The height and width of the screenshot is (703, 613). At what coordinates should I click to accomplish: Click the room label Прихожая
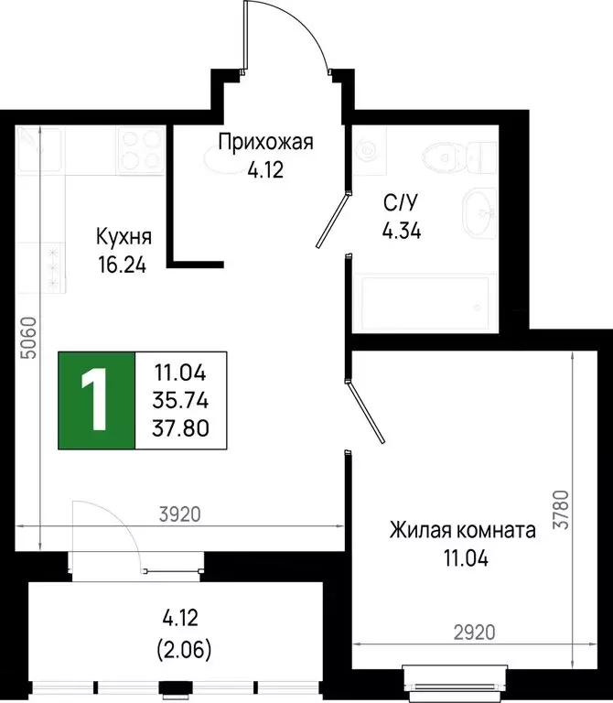tap(265, 142)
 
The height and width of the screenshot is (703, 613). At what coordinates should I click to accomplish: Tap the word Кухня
tap(124, 237)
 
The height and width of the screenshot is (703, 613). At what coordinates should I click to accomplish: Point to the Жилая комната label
tap(462, 530)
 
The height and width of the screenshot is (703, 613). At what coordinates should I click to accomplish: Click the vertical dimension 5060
tap(27, 338)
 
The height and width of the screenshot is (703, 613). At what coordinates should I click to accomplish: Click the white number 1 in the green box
tap(96, 401)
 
